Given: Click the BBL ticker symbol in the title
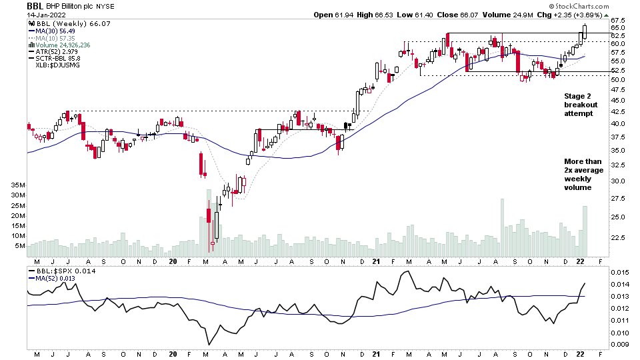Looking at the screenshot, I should (35, 5).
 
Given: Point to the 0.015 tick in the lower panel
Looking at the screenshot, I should (621, 272).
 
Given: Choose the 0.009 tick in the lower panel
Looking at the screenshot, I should (621, 344).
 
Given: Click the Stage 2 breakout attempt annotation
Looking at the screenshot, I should (581, 105).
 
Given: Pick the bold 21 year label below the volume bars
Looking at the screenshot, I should (377, 261).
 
